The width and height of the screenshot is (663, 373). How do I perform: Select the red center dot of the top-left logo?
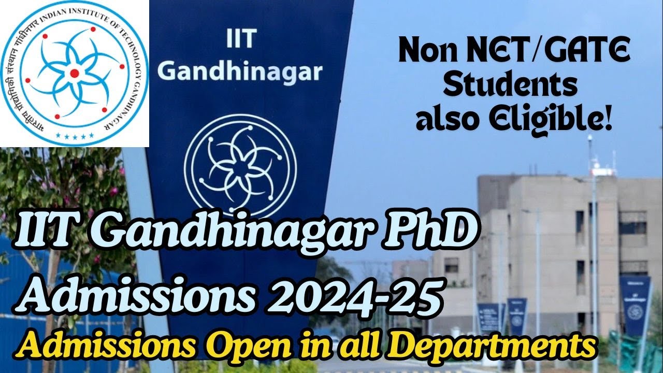pos(75,73)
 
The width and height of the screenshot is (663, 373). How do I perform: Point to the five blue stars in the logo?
pos(76,135)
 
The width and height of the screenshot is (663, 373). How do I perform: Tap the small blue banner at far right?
pos(635,306)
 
